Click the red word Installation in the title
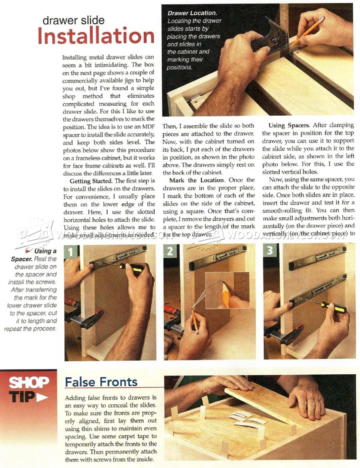(96, 36)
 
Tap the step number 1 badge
(71, 251)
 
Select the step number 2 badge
(170, 251)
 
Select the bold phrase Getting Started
(86, 181)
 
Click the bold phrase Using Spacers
(285, 125)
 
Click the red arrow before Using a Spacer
(29, 251)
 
